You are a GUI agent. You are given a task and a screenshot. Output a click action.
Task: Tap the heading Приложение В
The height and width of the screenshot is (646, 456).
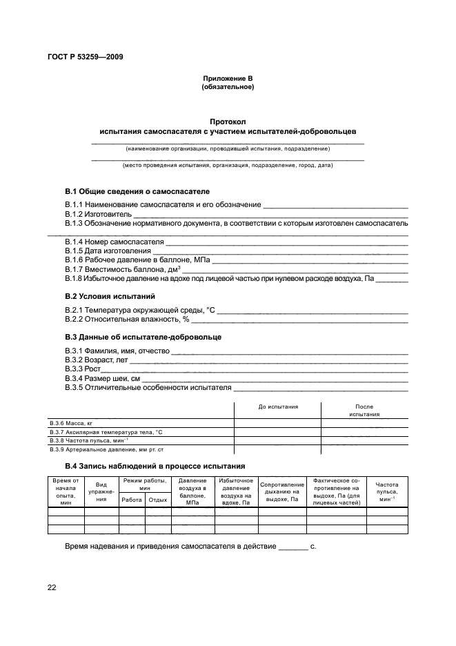(x=228, y=79)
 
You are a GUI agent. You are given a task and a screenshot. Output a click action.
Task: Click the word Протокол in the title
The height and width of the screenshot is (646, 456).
(x=228, y=121)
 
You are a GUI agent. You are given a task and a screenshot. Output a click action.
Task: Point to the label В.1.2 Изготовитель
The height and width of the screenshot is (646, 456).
(x=93, y=214)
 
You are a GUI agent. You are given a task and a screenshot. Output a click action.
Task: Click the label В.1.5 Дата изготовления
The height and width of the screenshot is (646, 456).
(x=108, y=251)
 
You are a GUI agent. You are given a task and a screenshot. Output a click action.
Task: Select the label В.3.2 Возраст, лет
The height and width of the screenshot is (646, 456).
(x=97, y=360)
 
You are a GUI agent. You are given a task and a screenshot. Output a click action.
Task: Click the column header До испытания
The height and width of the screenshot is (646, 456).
(x=278, y=407)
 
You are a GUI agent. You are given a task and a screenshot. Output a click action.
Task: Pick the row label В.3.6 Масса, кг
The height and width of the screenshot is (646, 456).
(x=71, y=422)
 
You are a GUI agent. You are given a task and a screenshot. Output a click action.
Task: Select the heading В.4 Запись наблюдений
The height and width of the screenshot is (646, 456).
(x=155, y=466)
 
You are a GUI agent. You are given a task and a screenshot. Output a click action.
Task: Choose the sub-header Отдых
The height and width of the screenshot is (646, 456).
(x=158, y=499)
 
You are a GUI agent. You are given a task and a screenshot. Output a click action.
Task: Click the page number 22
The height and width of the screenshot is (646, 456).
(x=52, y=587)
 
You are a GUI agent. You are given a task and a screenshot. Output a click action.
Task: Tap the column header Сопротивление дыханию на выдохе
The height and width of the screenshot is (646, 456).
(x=282, y=491)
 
